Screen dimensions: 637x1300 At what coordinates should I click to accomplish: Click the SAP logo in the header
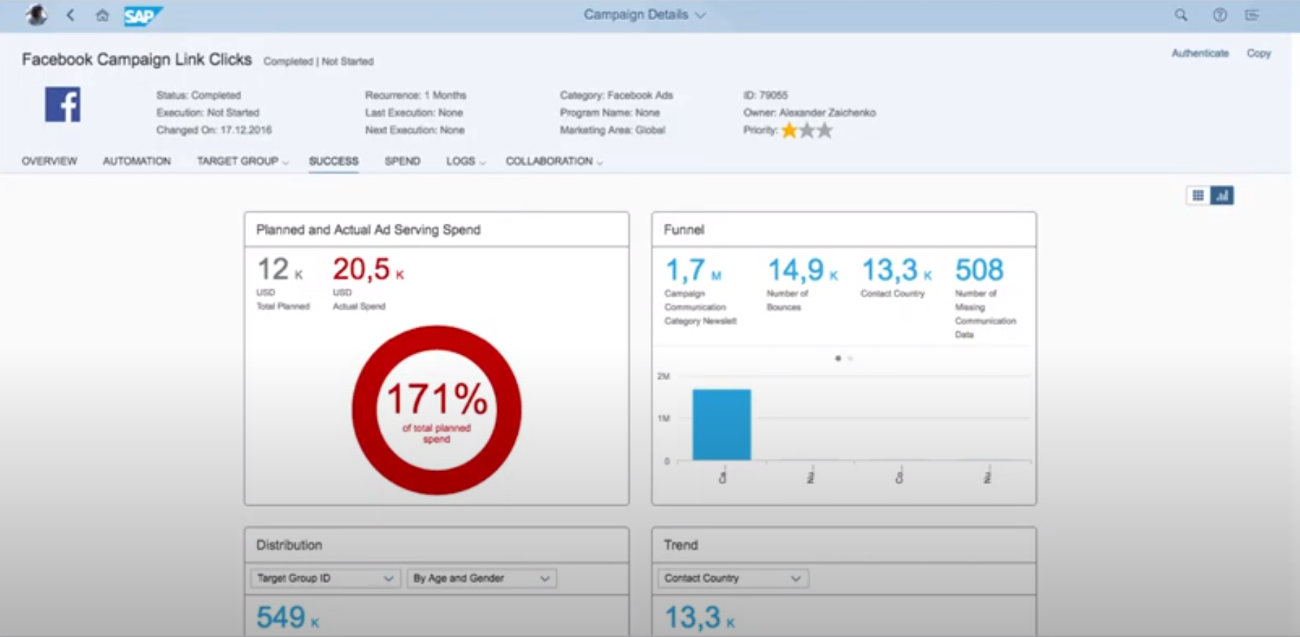[142, 15]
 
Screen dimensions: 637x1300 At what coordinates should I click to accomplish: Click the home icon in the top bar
[102, 15]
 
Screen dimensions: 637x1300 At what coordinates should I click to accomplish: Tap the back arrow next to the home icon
[71, 15]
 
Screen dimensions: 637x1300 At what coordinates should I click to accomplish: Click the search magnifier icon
[1180, 15]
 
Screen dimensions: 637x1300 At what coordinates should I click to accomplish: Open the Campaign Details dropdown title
[644, 15]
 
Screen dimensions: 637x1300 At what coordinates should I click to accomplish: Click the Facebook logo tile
[63, 105]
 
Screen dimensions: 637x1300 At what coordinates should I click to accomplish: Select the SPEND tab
[402, 161]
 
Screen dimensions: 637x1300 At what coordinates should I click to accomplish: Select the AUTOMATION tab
[136, 161]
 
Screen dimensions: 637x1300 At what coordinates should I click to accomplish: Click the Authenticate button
[1199, 53]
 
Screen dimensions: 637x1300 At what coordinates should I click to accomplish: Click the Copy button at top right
[1258, 53]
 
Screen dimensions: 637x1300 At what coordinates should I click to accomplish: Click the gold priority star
[790, 131]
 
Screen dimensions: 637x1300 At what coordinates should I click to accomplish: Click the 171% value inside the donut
[437, 399]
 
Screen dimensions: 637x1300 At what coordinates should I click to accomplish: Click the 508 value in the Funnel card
[978, 271]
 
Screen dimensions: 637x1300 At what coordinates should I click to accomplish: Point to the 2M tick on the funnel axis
[663, 376]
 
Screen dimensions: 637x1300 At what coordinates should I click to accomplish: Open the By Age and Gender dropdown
[481, 578]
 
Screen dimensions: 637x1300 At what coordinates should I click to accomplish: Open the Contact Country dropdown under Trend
[733, 578]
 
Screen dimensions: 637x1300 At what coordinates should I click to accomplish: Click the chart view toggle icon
[1221, 196]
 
